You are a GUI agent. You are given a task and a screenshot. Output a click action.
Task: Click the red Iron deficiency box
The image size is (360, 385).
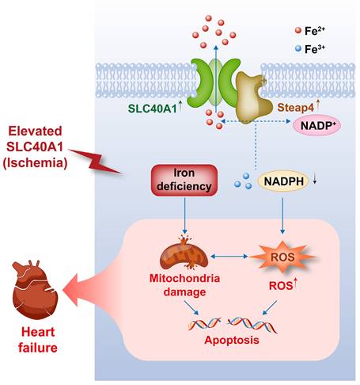pos(183,180)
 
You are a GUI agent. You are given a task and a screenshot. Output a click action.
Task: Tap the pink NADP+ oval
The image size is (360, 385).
pos(316,125)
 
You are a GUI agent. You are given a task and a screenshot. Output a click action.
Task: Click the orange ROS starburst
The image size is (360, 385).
pos(282,257)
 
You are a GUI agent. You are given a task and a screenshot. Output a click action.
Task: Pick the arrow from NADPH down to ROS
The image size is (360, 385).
pos(283,214)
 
